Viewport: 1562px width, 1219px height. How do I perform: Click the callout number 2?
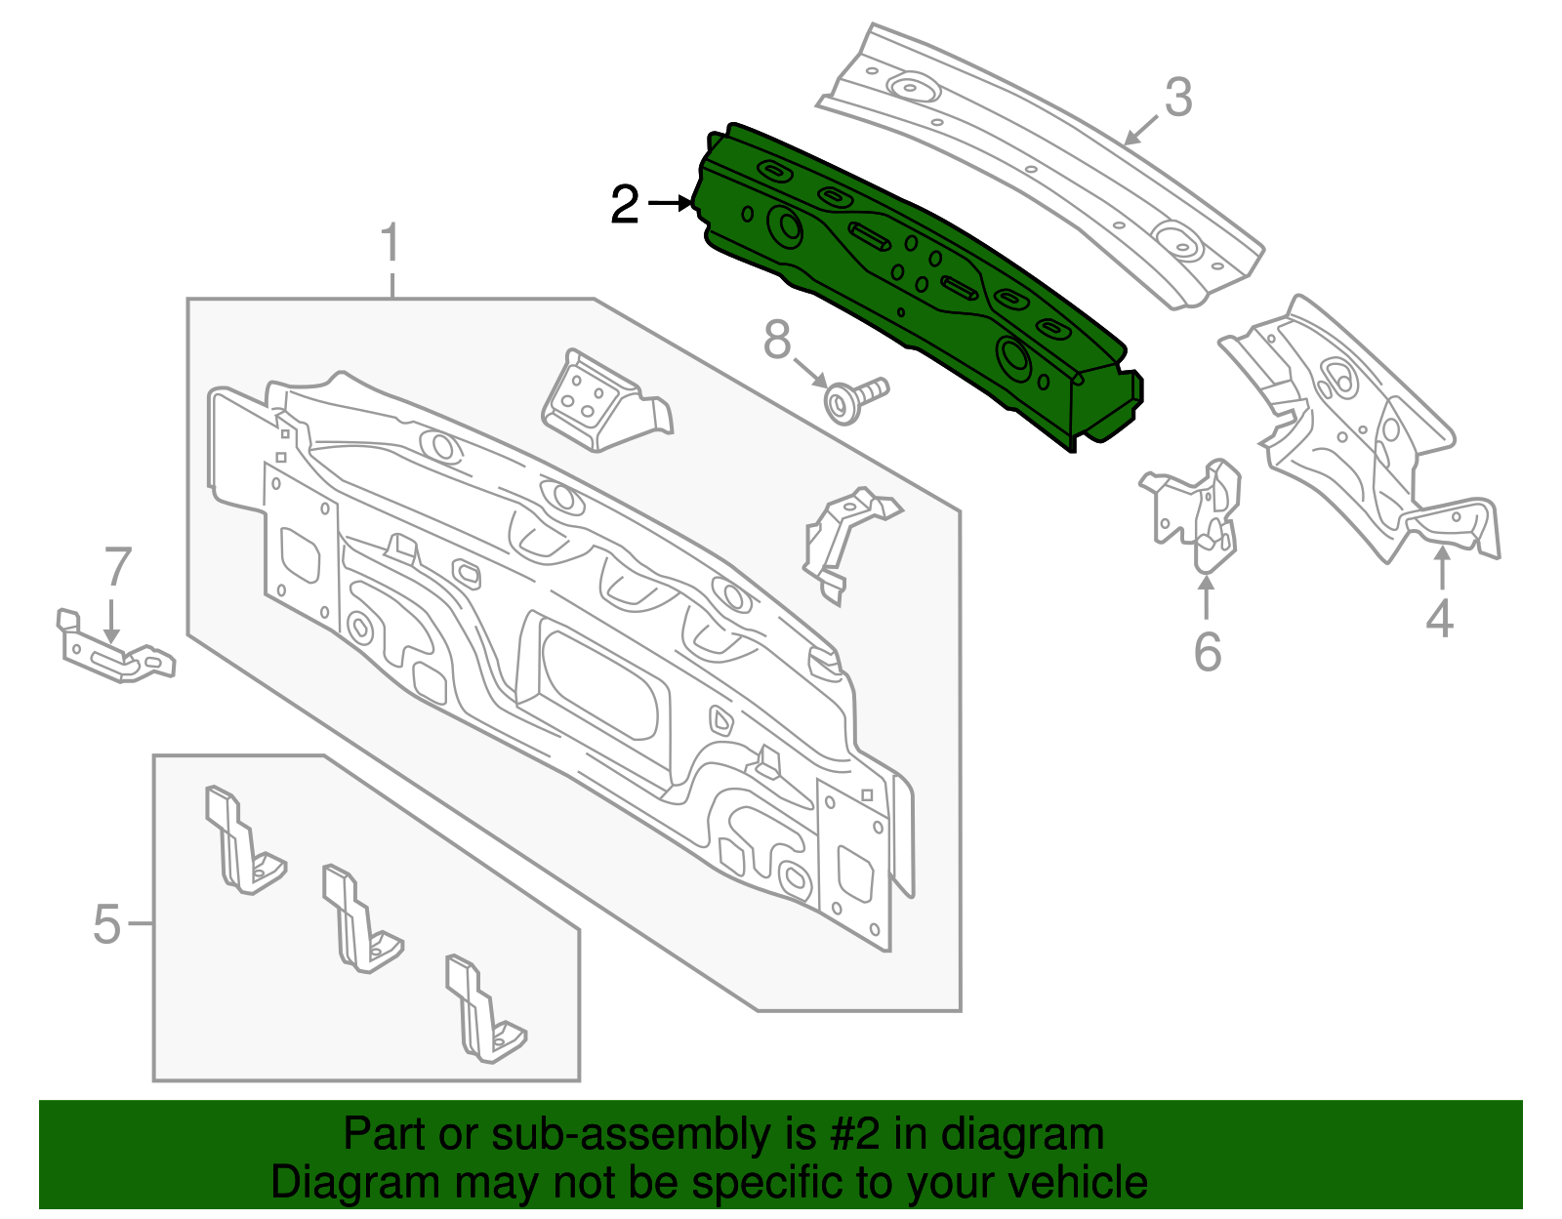click(625, 205)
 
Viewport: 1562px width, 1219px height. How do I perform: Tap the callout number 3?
click(1178, 99)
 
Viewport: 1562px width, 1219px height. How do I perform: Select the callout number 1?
click(390, 243)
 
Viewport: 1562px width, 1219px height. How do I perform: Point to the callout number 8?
click(777, 341)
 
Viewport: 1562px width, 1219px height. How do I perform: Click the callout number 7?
click(117, 567)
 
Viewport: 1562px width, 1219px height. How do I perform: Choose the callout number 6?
click(1208, 652)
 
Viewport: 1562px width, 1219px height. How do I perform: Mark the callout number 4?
click(1440, 619)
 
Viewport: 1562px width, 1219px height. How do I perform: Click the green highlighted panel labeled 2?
click(918, 283)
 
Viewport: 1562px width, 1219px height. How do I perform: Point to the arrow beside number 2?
click(670, 203)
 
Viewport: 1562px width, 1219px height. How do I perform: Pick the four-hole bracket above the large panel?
click(596, 400)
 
